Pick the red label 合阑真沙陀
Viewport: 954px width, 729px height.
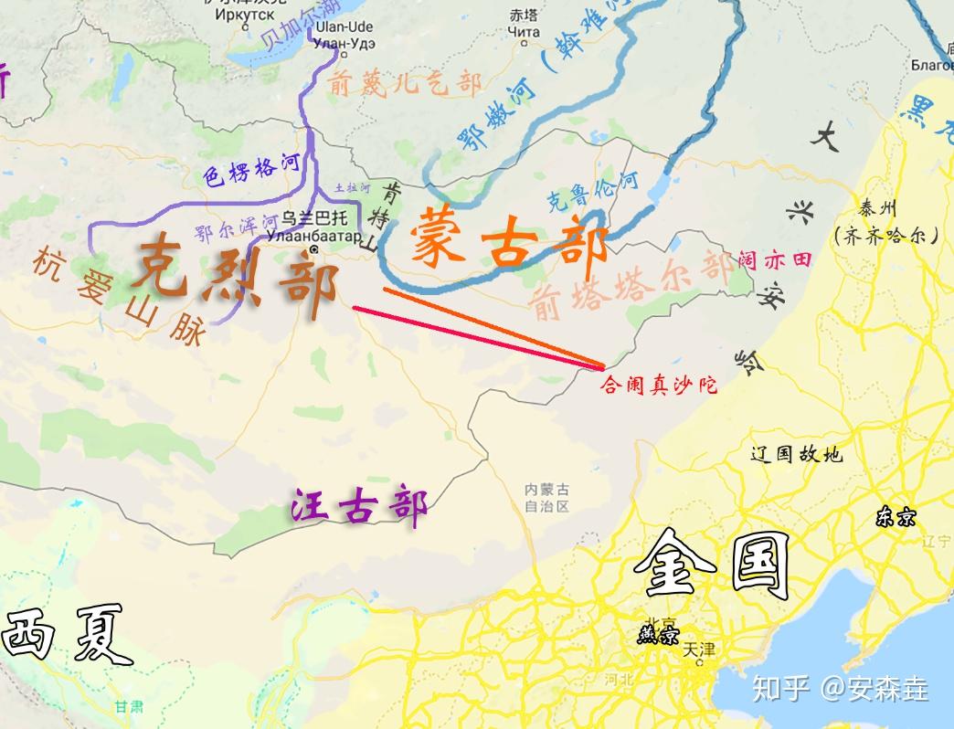(658, 385)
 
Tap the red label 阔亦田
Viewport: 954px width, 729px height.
(774, 260)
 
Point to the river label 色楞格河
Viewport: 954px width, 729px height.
(251, 169)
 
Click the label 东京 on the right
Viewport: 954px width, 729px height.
(895, 518)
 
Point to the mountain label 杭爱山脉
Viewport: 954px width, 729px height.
(119, 297)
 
